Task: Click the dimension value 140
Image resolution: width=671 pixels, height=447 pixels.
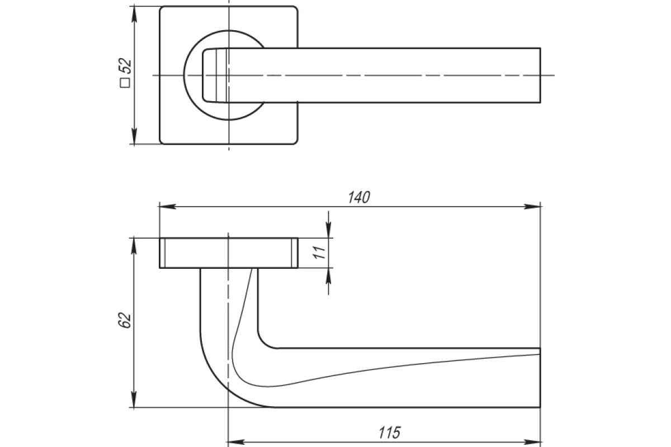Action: pyautogui.click(x=359, y=198)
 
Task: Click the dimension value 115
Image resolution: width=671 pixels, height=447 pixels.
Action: pyautogui.click(x=389, y=432)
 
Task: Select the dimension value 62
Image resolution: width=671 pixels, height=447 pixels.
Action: pyautogui.click(x=125, y=320)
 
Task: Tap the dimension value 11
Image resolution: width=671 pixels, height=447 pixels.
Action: pyautogui.click(x=319, y=253)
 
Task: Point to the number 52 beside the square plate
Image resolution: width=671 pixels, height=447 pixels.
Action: pyautogui.click(x=125, y=66)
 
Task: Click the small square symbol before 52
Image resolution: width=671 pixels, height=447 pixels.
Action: pyautogui.click(x=125, y=83)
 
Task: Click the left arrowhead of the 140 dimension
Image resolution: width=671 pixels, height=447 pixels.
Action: pyautogui.click(x=167, y=207)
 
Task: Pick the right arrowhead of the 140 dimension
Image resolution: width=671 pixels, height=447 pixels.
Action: pyautogui.click(x=532, y=207)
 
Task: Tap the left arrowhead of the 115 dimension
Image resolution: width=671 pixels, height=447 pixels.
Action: pyautogui.click(x=237, y=442)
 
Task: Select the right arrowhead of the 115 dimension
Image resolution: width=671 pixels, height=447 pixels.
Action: pyautogui.click(x=532, y=442)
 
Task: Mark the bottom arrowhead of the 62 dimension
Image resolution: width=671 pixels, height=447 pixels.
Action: pyautogui.click(x=134, y=399)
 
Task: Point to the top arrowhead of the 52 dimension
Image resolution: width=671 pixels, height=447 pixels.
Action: pyautogui.click(x=134, y=15)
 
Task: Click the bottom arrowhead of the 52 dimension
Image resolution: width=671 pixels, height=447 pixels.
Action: pyautogui.click(x=134, y=136)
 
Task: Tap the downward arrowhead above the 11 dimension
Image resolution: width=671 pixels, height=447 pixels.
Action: pyautogui.click(x=329, y=230)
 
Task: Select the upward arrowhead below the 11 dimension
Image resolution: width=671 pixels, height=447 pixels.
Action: pyautogui.click(x=329, y=277)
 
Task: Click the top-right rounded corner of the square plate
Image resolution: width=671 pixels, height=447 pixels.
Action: pyautogui.click(x=296, y=8)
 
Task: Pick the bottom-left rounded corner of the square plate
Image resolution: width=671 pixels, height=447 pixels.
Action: pyautogui.click(x=162, y=142)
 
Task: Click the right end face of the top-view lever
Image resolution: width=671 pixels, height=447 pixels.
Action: pyautogui.click(x=540, y=75)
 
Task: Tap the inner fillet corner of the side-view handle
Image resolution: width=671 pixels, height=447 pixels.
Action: pyautogui.click(x=263, y=343)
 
